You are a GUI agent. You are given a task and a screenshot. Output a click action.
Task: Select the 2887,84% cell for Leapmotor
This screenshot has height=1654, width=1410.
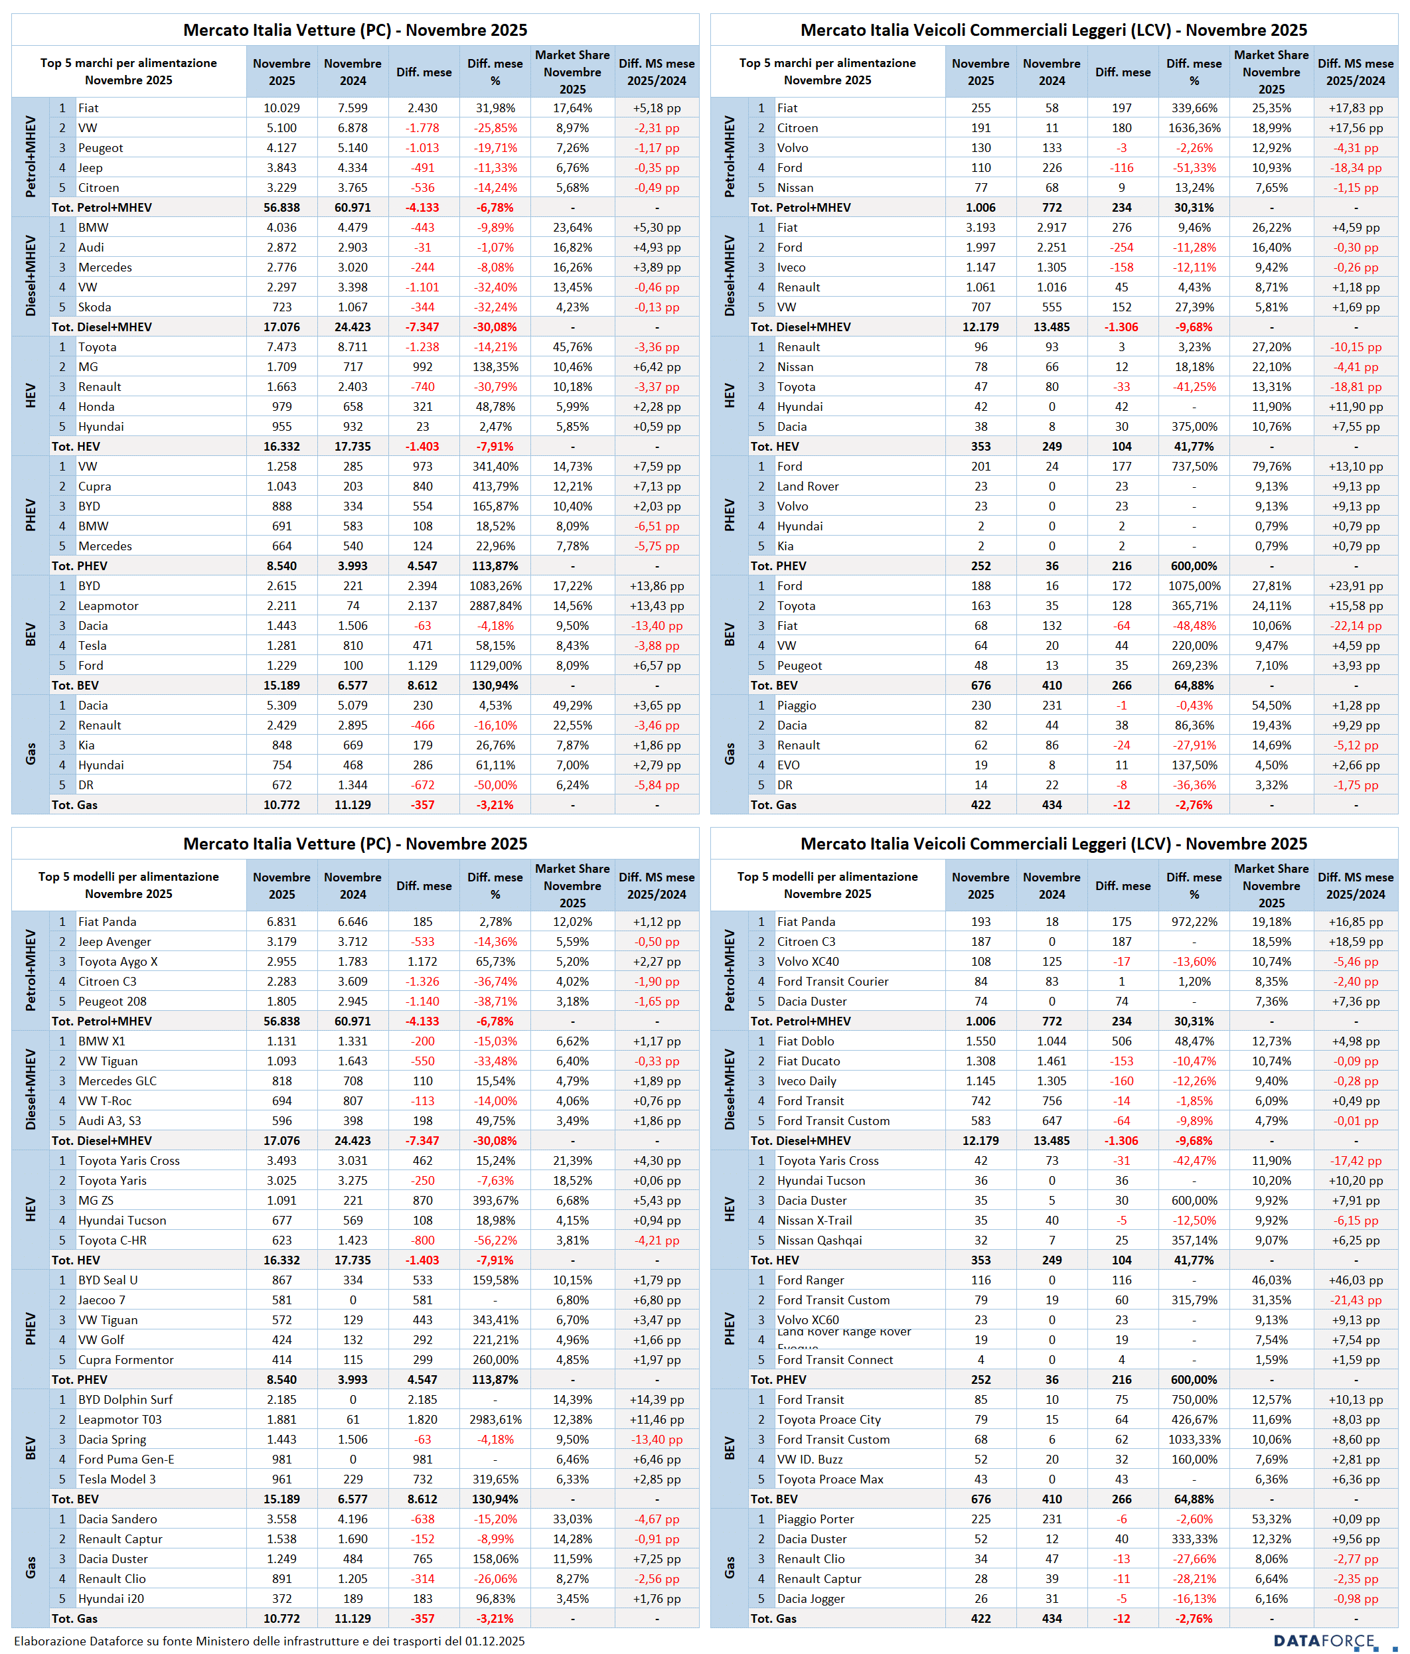click(x=495, y=606)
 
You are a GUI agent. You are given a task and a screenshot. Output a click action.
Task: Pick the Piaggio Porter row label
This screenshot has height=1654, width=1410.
click(x=815, y=1519)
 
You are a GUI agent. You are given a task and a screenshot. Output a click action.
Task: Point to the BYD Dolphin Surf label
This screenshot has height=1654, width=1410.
click(x=125, y=1399)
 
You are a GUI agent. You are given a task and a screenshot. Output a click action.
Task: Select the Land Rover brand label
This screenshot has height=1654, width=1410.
click(x=808, y=486)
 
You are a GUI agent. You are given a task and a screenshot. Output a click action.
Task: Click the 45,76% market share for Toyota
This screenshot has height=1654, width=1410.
click(x=572, y=347)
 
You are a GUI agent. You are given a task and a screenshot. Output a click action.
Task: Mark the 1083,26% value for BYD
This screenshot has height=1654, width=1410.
click(x=495, y=586)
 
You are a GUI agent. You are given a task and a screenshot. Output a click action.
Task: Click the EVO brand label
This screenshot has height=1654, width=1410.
click(x=788, y=765)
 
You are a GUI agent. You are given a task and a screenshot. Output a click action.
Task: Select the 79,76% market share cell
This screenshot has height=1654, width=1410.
click(x=1271, y=466)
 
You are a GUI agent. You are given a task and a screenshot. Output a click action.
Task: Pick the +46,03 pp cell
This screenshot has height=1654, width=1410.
click(x=1355, y=1280)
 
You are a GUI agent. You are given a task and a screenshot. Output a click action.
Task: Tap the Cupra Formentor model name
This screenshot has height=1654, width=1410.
click(x=125, y=1359)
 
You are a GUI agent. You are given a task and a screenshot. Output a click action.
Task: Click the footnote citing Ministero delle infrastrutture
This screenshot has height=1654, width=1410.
click(x=269, y=1641)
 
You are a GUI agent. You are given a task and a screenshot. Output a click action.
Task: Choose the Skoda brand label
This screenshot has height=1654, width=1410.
click(x=94, y=307)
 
